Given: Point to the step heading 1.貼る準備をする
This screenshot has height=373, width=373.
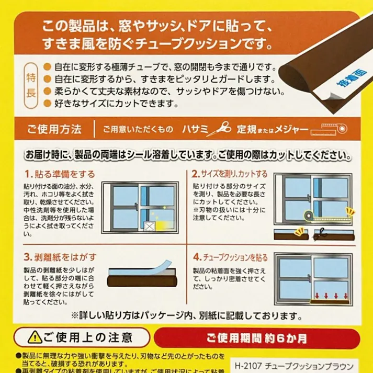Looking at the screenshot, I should (60, 174).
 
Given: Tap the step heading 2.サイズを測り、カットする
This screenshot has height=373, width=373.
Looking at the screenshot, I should (230, 174).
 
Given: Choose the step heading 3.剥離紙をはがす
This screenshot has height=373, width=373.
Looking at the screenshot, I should (60, 257).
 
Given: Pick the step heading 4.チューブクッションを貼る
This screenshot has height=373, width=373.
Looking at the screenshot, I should (231, 257).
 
